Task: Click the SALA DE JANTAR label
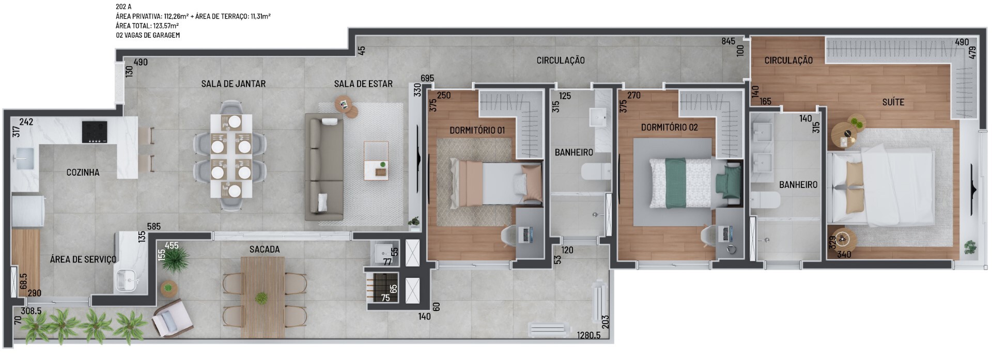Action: pos(234,84)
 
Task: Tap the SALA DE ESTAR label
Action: pos(363,84)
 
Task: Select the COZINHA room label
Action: pos(83,173)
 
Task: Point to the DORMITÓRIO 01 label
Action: pos(477,130)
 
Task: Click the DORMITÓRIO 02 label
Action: pos(669,127)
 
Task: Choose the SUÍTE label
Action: pos(893,102)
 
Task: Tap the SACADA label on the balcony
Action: pos(265,249)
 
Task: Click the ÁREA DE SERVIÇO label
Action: pos(83,259)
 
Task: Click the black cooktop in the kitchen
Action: pos(95,132)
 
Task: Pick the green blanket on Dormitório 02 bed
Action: pos(674,183)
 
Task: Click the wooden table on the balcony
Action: pos(262,298)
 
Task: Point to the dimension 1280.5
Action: pos(589,336)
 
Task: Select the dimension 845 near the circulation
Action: pos(729,41)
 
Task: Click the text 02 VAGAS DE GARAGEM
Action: pos(148,35)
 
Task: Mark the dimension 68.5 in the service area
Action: pos(23,281)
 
